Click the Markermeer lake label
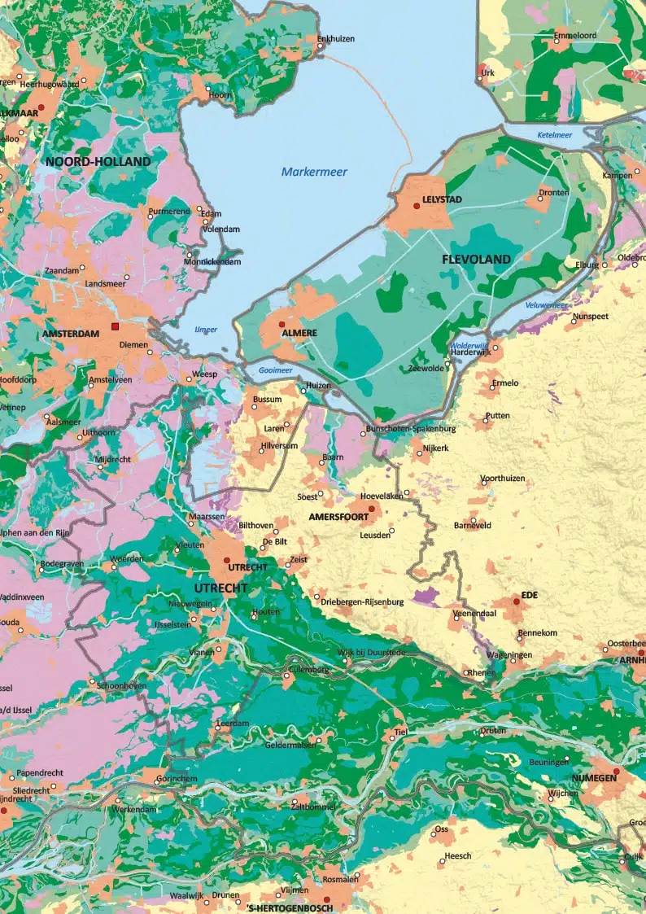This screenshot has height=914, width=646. [x=314, y=172]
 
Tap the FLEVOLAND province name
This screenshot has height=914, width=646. [x=476, y=259]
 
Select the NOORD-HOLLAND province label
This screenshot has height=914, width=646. [x=98, y=161]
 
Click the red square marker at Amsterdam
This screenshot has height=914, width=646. [x=116, y=326]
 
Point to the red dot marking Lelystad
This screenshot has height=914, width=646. [x=417, y=206]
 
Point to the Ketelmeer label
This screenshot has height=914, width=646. [x=555, y=134]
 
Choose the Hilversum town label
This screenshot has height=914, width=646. [x=280, y=447]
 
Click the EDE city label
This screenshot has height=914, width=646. [x=530, y=595]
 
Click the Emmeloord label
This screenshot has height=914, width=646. [x=575, y=37]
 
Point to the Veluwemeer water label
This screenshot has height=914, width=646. [x=546, y=304]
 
